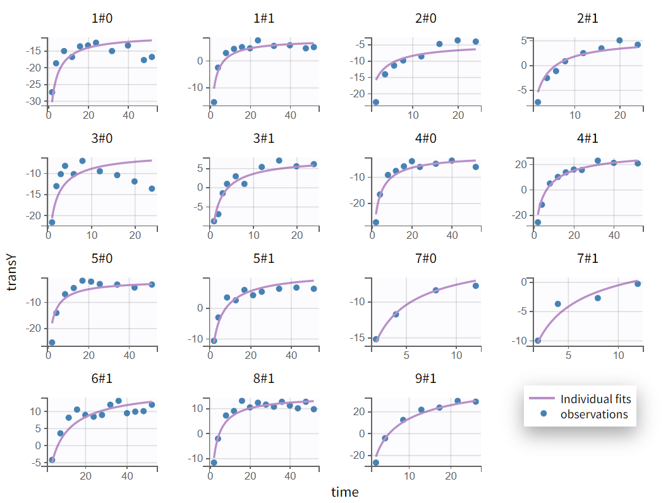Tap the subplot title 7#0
425,258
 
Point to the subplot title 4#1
587,138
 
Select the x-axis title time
344,492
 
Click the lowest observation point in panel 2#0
376,102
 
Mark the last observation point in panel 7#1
638,284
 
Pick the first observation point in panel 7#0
376,339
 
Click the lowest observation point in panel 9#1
376,463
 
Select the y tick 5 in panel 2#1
523,41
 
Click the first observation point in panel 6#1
52,460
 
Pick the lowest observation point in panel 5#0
52,342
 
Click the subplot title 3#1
264,138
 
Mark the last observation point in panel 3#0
152,189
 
